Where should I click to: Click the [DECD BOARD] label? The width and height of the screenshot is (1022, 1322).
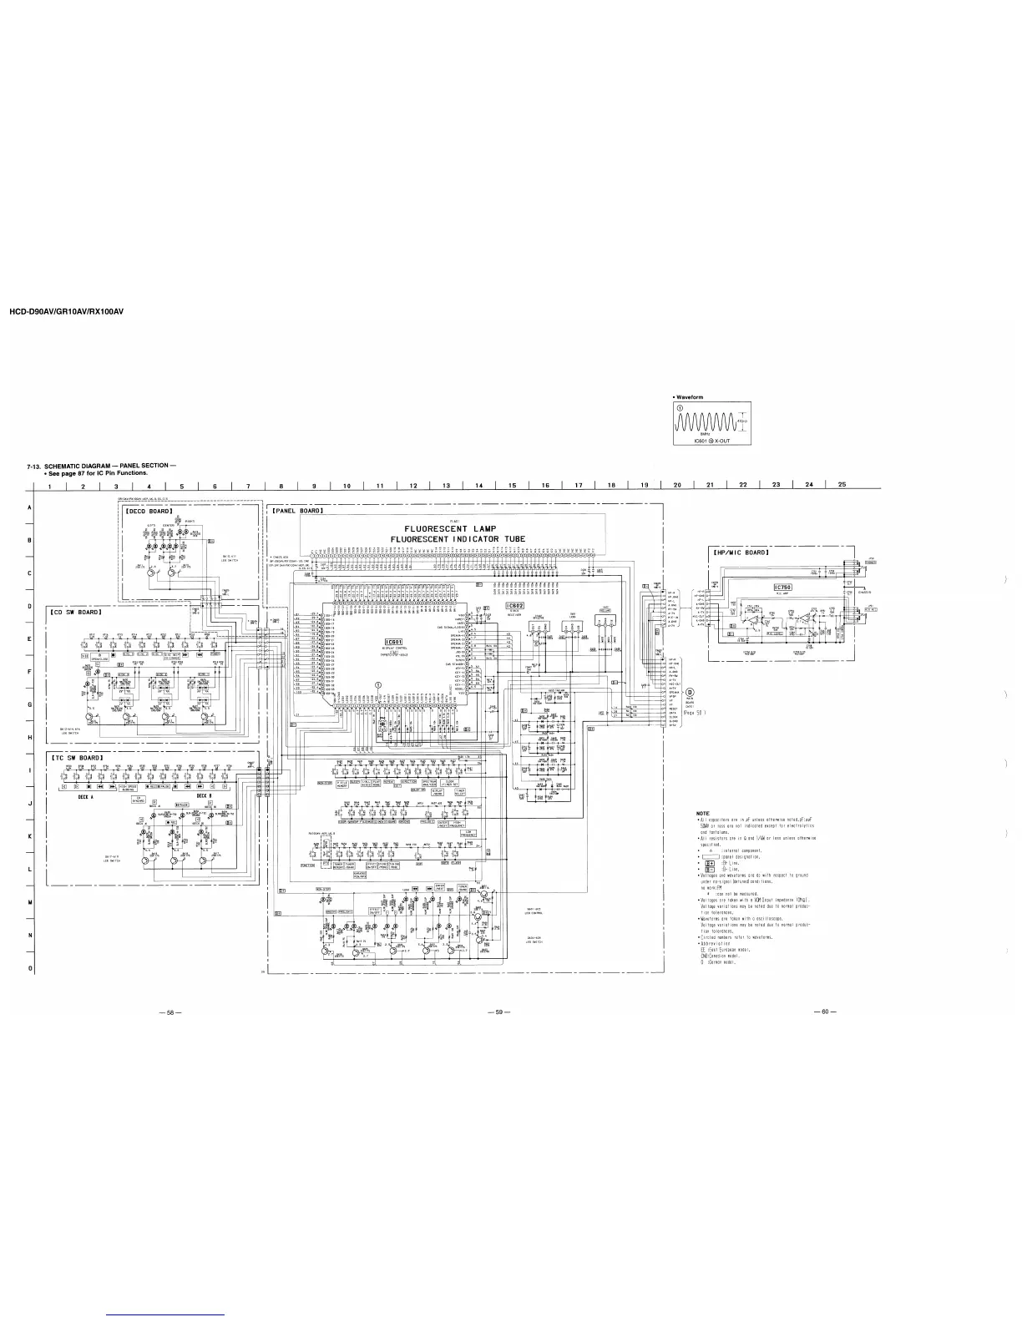point(149,512)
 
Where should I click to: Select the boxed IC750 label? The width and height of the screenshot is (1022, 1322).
point(789,586)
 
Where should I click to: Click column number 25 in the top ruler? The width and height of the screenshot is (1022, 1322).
point(842,485)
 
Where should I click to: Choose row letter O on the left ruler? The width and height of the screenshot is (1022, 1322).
point(29,968)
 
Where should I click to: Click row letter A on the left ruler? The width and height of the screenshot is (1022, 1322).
point(29,507)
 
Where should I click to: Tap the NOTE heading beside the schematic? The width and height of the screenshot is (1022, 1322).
point(702,813)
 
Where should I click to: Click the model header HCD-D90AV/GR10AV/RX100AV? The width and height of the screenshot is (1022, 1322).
point(66,312)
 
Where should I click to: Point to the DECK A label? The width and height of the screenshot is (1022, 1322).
point(84,796)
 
